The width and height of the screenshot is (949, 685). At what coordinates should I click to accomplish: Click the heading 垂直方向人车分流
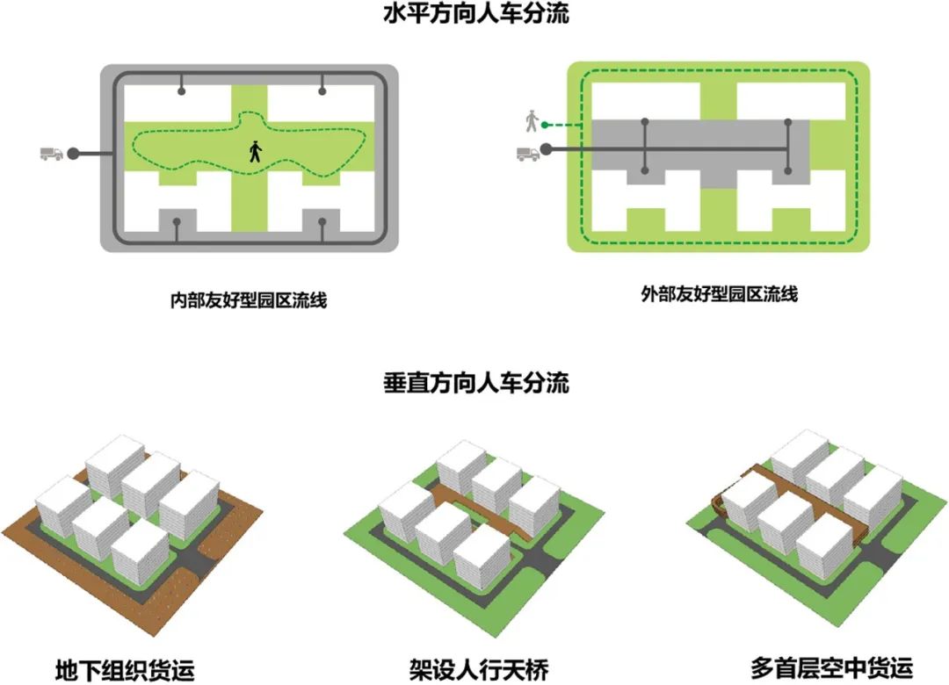point(475,383)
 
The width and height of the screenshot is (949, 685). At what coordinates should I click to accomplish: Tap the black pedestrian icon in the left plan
point(255,152)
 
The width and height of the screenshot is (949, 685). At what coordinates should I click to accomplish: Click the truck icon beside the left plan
point(52,154)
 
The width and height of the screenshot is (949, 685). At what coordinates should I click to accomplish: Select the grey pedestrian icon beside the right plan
point(530,121)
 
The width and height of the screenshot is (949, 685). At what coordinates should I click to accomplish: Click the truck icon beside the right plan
point(528,154)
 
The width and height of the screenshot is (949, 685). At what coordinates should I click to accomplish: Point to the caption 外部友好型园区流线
point(720,295)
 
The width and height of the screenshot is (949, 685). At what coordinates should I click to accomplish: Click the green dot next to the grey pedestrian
point(545,125)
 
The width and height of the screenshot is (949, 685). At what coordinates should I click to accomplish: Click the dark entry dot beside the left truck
point(73,154)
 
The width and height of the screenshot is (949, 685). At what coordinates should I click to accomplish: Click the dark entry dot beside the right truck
point(547,149)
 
